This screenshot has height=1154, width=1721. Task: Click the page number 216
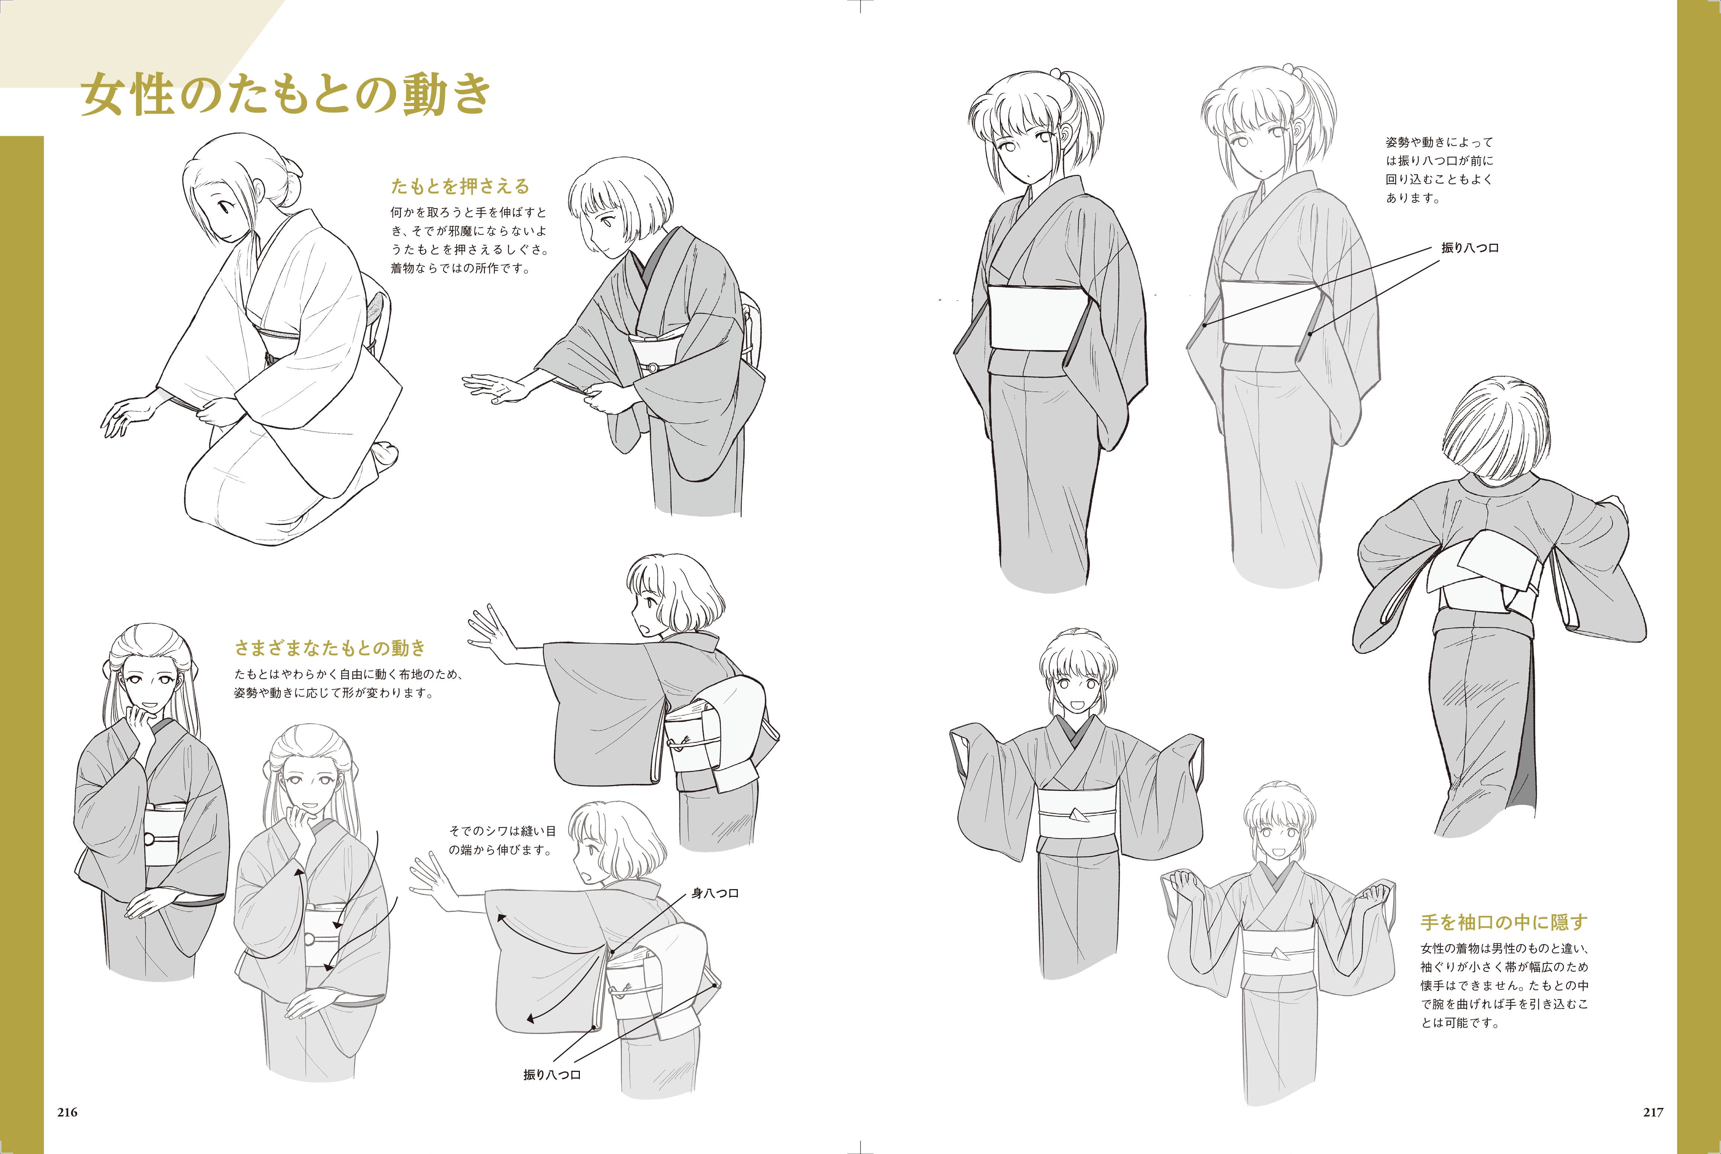coord(67,1112)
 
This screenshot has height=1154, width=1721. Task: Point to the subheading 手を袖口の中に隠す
coord(1504,922)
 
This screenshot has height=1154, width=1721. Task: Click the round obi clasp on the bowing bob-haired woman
coord(652,367)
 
